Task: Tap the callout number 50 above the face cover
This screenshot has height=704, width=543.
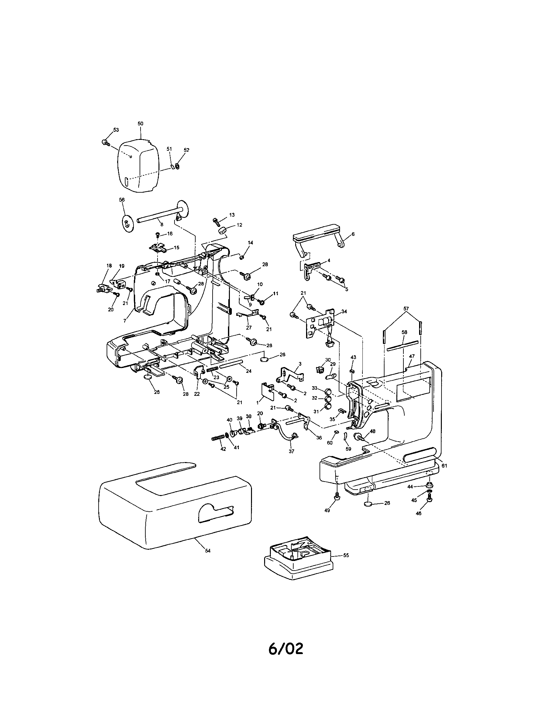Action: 140,124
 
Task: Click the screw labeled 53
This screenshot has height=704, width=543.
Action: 105,142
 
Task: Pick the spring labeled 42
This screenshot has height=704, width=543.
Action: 217,438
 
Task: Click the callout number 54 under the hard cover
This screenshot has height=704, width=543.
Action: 208,551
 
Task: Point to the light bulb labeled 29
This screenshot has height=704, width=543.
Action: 331,376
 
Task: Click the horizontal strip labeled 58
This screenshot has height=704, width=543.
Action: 402,345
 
